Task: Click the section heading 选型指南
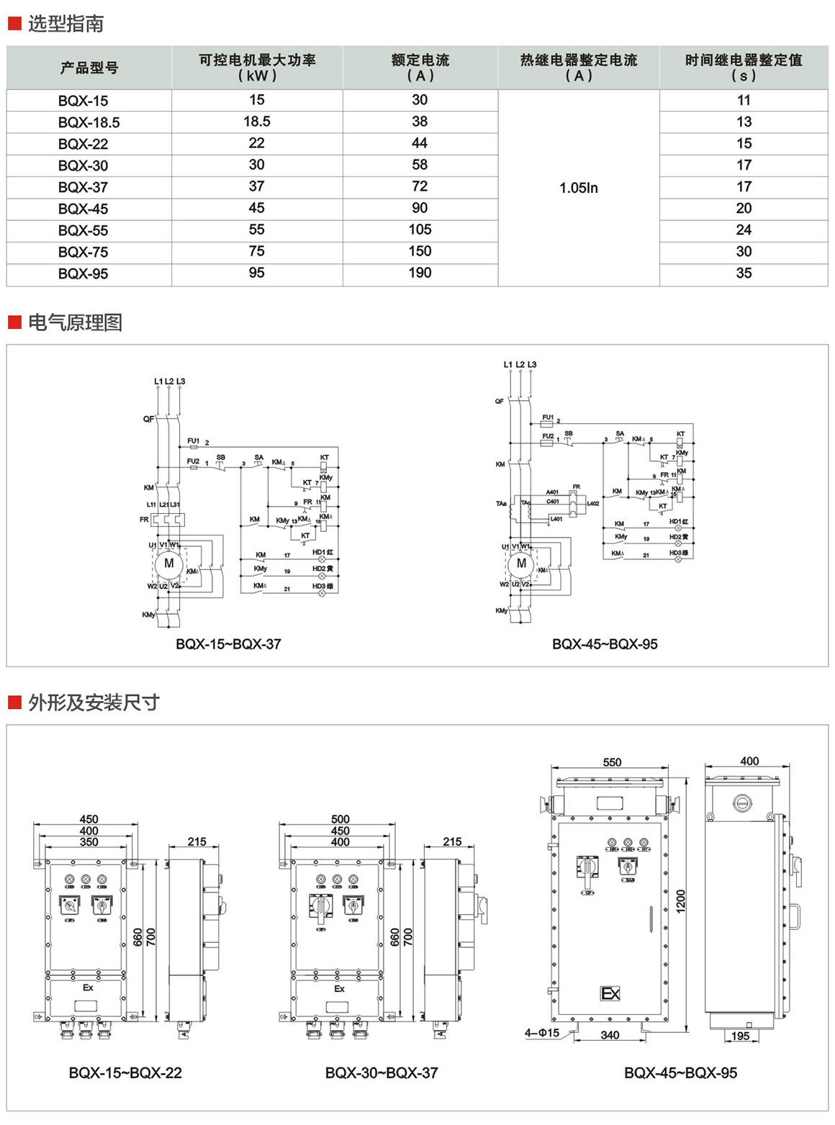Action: click(x=66, y=24)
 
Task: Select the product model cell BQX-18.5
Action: click(x=89, y=122)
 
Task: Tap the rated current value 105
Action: click(x=420, y=230)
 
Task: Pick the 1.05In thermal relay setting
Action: click(x=579, y=188)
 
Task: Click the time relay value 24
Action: click(x=744, y=230)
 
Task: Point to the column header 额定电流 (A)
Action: click(x=420, y=68)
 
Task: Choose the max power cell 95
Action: click(x=256, y=273)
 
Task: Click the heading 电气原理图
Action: click(x=75, y=322)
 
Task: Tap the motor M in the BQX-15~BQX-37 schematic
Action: click(x=169, y=564)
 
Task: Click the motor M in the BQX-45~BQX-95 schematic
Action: click(x=521, y=564)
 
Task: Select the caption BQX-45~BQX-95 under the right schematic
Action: click(x=605, y=644)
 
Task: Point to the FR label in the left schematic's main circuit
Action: click(x=144, y=520)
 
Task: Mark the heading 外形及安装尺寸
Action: click(x=94, y=702)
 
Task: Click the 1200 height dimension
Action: click(x=681, y=901)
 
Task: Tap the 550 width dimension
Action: click(x=612, y=762)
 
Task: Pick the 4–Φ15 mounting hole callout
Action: click(x=541, y=1033)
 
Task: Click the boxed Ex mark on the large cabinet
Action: click(x=610, y=993)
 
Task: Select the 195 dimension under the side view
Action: click(x=741, y=1036)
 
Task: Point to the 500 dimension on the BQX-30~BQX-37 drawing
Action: click(x=340, y=819)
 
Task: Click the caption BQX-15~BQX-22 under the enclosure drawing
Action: click(x=125, y=1072)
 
